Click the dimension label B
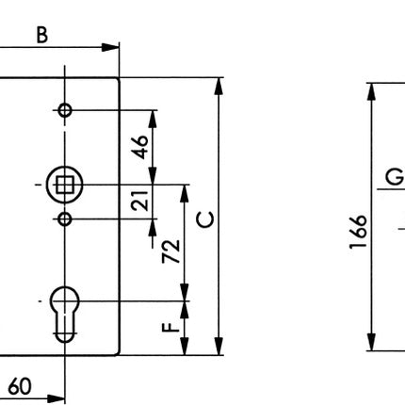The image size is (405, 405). pyautogui.click(x=42, y=34)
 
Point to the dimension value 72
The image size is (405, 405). pyautogui.click(x=170, y=251)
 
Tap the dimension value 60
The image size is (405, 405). pyautogui.click(x=20, y=386)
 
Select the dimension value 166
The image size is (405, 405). pyautogui.click(x=355, y=232)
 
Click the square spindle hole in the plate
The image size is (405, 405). pyautogui.click(x=64, y=185)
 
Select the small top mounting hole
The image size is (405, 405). pyautogui.click(x=64, y=110)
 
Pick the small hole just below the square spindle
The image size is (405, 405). pyautogui.click(x=64, y=219)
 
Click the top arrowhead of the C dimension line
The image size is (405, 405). pyautogui.click(x=219, y=85)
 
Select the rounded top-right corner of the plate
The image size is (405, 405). pyautogui.click(x=118, y=80)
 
